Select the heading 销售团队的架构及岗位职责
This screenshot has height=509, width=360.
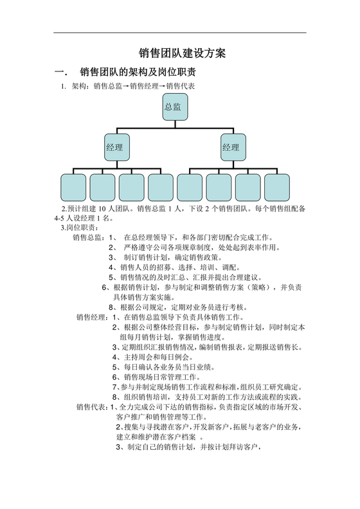coord(138,71)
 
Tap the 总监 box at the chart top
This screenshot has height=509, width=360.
coord(174,107)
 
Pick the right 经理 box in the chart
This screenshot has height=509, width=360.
coord(232,147)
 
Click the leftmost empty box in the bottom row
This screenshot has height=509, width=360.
coord(73,187)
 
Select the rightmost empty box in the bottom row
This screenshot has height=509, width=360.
coord(276,187)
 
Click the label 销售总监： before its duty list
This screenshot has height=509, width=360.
coord(90,237)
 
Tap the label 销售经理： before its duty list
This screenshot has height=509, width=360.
coord(93,317)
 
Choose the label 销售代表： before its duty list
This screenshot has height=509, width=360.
coord(93,407)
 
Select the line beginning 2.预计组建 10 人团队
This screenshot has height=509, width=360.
coord(180,208)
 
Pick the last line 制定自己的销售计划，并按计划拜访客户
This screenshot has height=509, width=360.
coord(193,447)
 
